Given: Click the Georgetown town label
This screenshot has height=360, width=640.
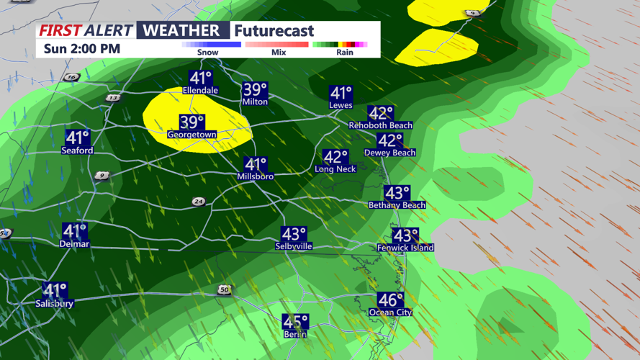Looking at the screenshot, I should coord(191,135).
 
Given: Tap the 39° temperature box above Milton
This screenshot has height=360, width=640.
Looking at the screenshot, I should coord(255,90).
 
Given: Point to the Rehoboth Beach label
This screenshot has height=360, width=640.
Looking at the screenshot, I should coord(380,125).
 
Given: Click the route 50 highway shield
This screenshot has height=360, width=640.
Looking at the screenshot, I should coord(225,290).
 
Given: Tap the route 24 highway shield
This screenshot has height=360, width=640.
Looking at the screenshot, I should coord(198,202).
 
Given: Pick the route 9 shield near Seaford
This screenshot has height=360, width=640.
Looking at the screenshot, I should coord(102,176).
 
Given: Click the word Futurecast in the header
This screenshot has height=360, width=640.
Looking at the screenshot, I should coord(274,31).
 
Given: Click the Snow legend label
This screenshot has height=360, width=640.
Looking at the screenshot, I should coord(207,52).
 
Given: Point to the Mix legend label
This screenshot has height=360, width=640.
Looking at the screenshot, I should coord(279,52).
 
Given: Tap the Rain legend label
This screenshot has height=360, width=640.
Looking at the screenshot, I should coord(345,52).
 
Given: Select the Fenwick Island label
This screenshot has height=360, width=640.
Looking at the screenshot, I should coord(405,248).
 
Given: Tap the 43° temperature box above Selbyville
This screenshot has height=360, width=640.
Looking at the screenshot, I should coord(294,234).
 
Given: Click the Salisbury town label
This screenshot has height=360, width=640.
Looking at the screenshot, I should coord(55,304).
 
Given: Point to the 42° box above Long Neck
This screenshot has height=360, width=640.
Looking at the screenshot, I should coord(335,157).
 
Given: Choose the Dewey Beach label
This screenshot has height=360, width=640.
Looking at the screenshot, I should coord(389,153).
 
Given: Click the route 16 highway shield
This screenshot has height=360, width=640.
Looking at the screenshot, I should coord(71,77).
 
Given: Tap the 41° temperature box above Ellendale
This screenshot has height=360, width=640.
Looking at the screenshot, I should coord(200,78).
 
